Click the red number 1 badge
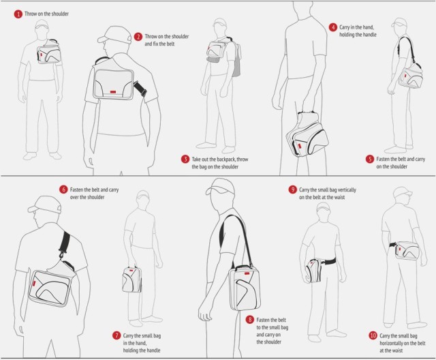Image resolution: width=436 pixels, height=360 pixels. [x=18, y=14]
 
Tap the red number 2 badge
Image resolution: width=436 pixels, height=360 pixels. [x=138, y=37]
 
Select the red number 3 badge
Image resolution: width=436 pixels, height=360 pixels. [x=185, y=159]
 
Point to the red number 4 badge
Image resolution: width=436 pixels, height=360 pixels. [x=333, y=27]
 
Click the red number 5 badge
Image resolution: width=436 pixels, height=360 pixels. [x=370, y=160]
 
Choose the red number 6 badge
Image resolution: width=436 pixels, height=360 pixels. [x=63, y=189]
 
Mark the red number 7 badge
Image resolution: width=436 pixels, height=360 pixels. [x=116, y=335]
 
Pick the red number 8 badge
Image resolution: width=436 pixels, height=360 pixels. [x=250, y=319]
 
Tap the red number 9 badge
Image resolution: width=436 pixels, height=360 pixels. [x=292, y=190]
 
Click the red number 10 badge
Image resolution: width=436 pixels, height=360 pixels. [x=373, y=335]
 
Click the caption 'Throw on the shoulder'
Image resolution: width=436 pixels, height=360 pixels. [x=46, y=14]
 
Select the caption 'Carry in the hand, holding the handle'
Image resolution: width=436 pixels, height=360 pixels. [x=358, y=31]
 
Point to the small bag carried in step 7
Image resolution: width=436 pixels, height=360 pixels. [x=131, y=280]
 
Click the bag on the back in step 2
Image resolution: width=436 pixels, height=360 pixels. [x=113, y=80]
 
